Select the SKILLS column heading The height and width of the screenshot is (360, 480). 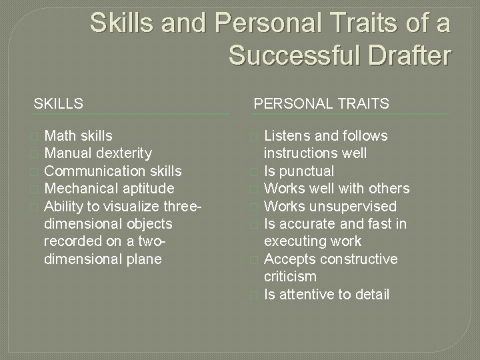(x=59, y=103)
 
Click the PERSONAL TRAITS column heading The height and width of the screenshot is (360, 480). (x=321, y=103)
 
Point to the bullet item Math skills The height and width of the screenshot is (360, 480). (x=78, y=136)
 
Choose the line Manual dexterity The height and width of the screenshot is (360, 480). (x=97, y=153)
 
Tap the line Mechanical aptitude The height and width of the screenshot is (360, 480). (x=109, y=188)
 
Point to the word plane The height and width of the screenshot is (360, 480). (x=143, y=258)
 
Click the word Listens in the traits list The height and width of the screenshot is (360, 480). (x=287, y=136)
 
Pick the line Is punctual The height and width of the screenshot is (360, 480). (x=299, y=171)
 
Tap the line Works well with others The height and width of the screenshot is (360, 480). (x=337, y=189)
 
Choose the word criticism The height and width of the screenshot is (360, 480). (x=291, y=276)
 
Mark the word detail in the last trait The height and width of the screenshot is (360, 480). (x=371, y=293)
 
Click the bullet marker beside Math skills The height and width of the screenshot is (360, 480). (x=35, y=137)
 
